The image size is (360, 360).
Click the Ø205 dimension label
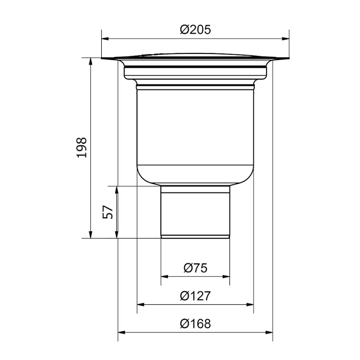tap(195, 30)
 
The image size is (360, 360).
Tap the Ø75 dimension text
tap(195, 268)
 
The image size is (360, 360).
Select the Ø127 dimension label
tap(195, 296)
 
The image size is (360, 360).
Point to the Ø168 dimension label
tap(195, 324)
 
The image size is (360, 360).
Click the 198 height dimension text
tap(82, 147)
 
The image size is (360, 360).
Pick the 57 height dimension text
tap(108, 212)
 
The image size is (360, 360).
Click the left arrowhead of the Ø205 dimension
tap(105, 39)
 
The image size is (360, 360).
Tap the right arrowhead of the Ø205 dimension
tap(286, 39)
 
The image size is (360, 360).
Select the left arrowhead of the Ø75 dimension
tap(164, 277)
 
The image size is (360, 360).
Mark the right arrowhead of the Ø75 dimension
tap(226, 277)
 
